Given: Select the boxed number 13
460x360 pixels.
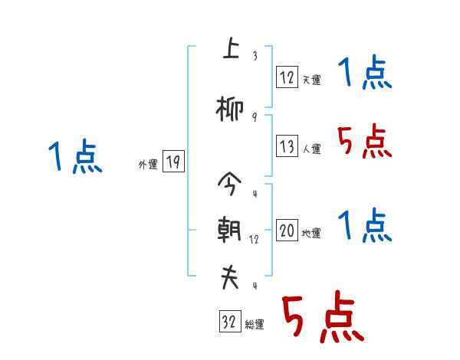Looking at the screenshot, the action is click(287, 146).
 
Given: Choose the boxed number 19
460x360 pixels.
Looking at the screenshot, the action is click(173, 162).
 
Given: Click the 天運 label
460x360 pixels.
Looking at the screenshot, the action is click(311, 80).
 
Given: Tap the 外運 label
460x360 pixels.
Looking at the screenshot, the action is click(148, 164).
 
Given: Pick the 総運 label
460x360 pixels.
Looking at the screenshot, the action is click(255, 325).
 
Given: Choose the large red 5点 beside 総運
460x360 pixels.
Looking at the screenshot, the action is click(322, 318).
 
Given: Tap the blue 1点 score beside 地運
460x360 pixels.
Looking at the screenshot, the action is click(364, 225).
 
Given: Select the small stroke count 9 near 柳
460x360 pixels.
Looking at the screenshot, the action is click(254, 116).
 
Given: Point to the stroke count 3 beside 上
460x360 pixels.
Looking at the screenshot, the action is click(254, 56).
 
